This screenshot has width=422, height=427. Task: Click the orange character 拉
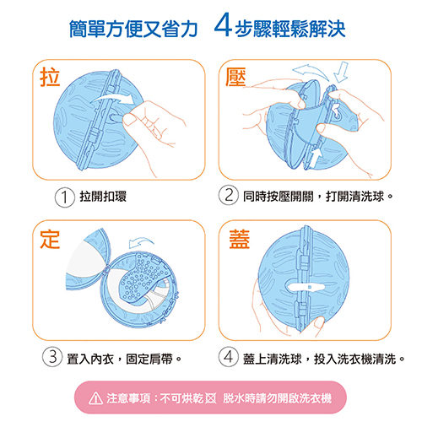pos(50,77)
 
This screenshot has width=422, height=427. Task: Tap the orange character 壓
pos(235,77)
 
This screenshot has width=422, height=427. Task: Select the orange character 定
pos(50,239)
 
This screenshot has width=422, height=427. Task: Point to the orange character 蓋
pos(240,239)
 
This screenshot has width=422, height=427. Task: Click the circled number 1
pos(64,197)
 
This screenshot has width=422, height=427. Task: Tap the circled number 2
pos(229,195)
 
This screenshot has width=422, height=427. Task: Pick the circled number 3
pos(52,357)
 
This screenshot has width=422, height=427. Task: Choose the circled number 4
pos(229,357)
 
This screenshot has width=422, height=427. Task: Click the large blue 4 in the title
pos(224,24)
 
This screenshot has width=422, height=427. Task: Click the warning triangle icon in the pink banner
pos(95,398)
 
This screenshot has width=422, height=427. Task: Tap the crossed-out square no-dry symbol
pos(211,398)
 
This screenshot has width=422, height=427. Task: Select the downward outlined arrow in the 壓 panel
pos(341,72)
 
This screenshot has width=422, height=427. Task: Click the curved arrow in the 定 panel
pos(141,241)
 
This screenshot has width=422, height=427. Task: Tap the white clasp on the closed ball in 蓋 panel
pos(305,287)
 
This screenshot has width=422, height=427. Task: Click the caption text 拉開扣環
pos(103,197)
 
